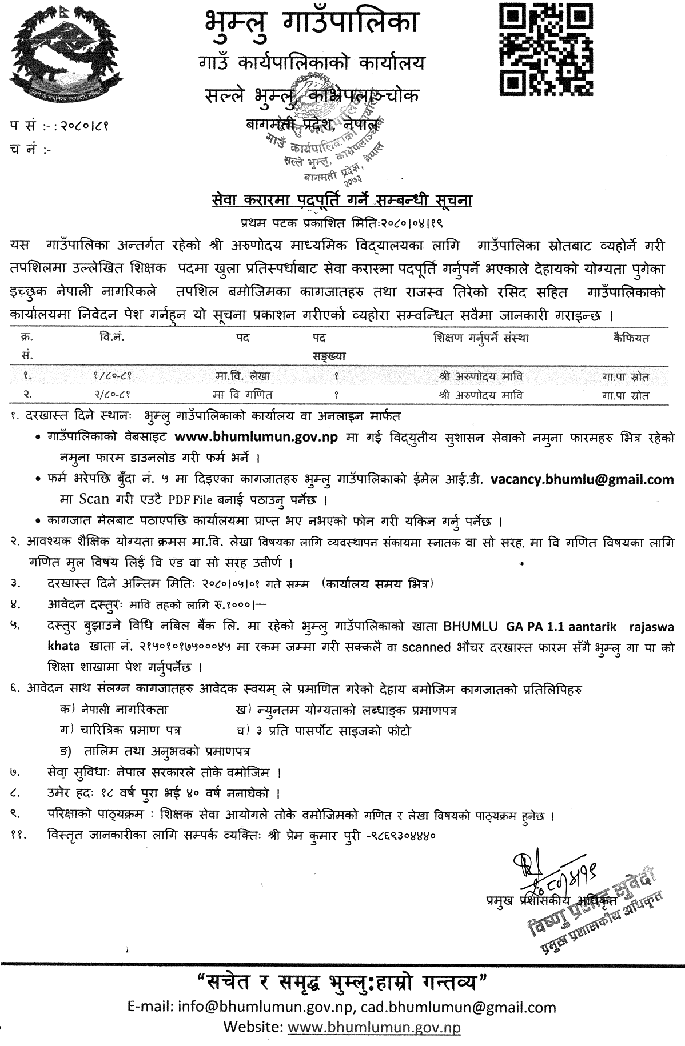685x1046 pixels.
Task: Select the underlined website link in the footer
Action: coord(374,1027)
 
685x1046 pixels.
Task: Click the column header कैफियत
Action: coord(630,338)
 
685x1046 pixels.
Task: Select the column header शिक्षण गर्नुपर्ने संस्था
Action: coord(481,338)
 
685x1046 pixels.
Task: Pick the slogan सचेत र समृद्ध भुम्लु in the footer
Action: coord(342,984)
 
